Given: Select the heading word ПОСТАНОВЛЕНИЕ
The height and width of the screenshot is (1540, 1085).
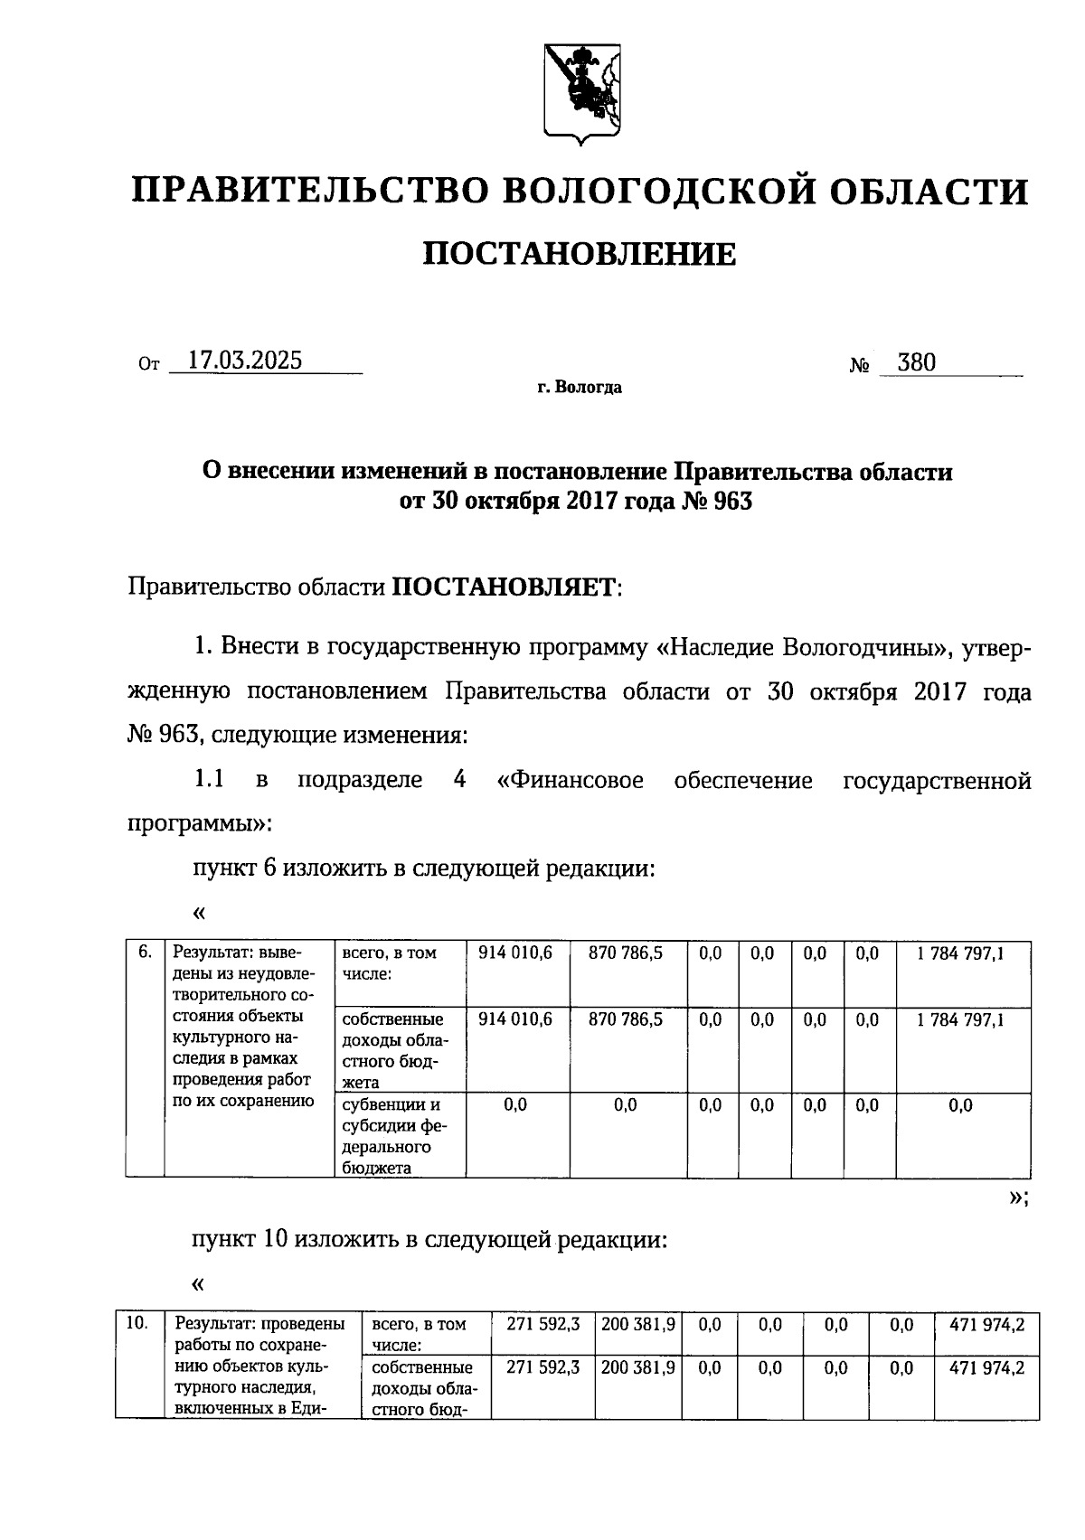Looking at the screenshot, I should (580, 255).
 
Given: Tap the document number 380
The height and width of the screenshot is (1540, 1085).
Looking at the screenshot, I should (917, 363).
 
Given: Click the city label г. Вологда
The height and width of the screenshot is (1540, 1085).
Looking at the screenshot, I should (579, 388).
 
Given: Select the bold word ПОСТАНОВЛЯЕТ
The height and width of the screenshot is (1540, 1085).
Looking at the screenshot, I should (502, 588).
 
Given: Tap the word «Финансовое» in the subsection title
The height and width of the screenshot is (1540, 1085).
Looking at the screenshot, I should (571, 780).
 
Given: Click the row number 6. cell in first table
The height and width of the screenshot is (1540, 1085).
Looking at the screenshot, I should (145, 953).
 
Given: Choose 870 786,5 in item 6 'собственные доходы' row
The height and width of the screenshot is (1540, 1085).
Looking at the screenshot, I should (626, 1019).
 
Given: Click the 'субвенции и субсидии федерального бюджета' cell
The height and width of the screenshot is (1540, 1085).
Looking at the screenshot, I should (394, 1135).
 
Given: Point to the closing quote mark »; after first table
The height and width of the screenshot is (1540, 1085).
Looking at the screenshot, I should (1016, 1198).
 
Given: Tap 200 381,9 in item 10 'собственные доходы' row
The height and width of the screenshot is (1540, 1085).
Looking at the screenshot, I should (637, 1368).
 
